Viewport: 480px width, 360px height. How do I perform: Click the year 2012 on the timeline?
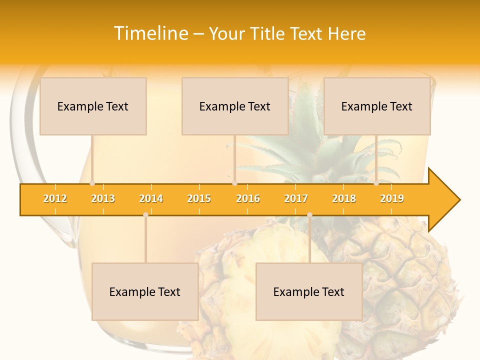55,199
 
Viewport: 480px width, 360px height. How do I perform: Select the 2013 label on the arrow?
103,199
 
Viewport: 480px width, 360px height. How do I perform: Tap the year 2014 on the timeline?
151,199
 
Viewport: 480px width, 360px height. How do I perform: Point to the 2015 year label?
199,199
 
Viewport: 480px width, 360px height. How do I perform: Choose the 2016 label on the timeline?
248,199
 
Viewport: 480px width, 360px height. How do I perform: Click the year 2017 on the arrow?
296,199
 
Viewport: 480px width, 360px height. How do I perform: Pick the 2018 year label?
344,199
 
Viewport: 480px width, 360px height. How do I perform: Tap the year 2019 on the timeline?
392,199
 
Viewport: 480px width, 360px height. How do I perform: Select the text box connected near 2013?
93,106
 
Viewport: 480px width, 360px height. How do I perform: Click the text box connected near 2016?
235,106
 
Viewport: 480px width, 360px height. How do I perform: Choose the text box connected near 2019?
377,106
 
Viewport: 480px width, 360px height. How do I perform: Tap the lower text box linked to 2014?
145,292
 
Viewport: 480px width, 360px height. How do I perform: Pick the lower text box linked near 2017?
309,292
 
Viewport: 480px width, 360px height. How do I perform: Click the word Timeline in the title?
150,33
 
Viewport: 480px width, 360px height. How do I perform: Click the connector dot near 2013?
92,183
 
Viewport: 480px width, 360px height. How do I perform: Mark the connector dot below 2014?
145,214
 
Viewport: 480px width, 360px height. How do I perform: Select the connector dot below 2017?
309,214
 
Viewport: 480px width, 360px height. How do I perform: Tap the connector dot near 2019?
376,183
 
